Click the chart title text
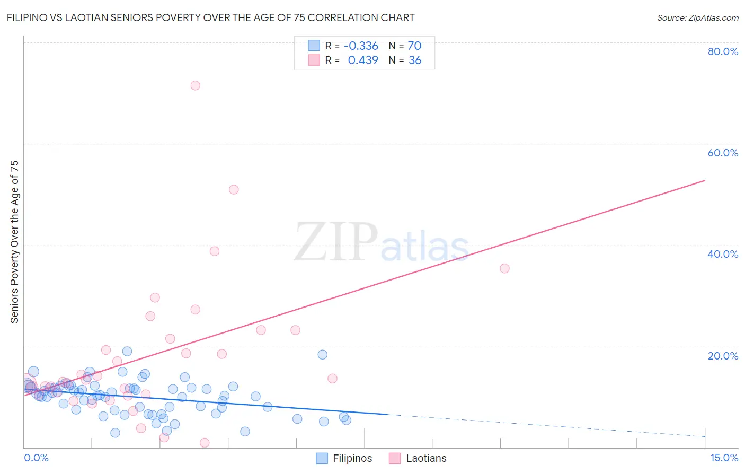(x=210, y=17)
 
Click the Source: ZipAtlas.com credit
(x=697, y=17)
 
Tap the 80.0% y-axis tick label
(x=723, y=51)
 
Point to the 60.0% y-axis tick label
(x=723, y=153)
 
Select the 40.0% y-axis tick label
(x=723, y=254)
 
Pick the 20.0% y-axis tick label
(x=723, y=356)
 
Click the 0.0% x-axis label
(x=36, y=458)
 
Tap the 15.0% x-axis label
(x=724, y=458)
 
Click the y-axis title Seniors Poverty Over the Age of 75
(x=14, y=241)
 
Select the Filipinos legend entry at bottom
(x=344, y=459)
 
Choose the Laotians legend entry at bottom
(x=418, y=459)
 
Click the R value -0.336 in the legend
(x=361, y=46)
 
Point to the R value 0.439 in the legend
(x=362, y=60)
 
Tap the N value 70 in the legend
(x=414, y=46)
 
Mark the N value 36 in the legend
(x=415, y=60)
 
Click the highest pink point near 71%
(x=196, y=85)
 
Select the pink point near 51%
(x=234, y=190)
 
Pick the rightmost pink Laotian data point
(x=504, y=269)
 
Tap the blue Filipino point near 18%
(x=323, y=355)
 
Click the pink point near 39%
(x=215, y=251)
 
